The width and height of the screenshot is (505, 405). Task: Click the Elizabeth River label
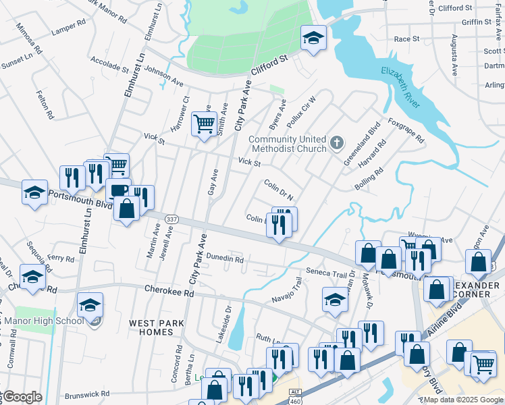point(401,88)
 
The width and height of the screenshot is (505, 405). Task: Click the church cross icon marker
point(338,144)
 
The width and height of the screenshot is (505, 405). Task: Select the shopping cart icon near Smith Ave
point(204,124)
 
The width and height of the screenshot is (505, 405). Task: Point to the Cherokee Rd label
point(169,293)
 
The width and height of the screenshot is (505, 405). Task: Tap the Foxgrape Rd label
point(406,130)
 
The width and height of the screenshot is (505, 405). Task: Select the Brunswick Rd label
point(87,394)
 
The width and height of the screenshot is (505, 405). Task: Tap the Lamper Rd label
point(69,27)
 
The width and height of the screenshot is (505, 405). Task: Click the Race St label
point(406,39)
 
